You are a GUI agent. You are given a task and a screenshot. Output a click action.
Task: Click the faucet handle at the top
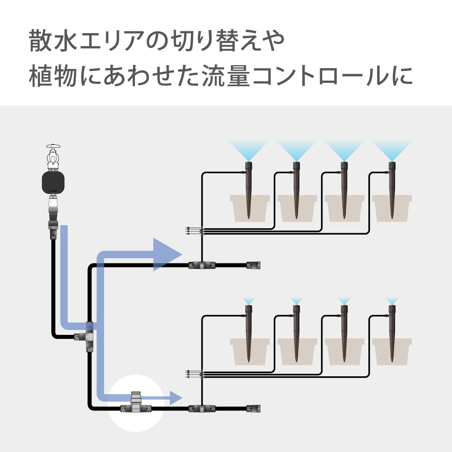(53, 146)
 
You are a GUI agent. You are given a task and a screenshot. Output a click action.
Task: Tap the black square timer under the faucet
(53, 182)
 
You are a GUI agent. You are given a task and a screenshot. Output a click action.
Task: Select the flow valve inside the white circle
(136, 403)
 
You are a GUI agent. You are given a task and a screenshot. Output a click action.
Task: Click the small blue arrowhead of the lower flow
(176, 398)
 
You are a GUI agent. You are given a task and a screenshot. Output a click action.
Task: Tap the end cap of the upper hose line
(253, 265)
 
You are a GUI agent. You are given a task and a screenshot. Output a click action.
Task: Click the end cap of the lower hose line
(253, 408)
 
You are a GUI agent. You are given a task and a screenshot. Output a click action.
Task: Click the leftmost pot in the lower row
(250, 351)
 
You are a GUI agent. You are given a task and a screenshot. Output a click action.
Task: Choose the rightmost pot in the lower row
(392, 351)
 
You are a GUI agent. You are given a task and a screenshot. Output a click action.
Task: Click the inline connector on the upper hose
(202, 265)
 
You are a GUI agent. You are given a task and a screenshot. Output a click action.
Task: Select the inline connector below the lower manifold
(202, 408)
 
